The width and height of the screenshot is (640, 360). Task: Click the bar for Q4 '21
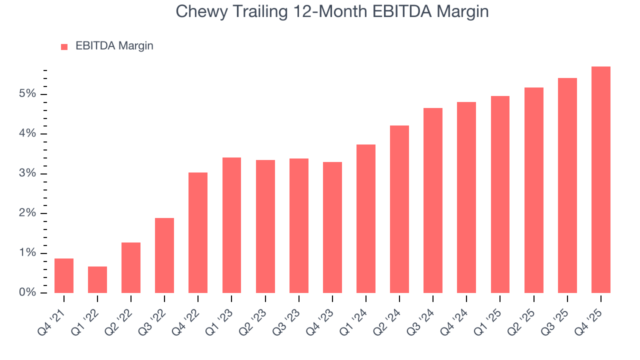point(64,275)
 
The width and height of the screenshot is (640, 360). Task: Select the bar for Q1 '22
point(97,279)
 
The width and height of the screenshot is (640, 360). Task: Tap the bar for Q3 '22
point(164,255)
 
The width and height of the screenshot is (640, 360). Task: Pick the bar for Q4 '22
point(198,232)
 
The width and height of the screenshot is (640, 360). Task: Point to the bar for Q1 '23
point(231,225)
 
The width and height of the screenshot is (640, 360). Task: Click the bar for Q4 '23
point(332,227)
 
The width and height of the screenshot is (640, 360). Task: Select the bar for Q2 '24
point(399,209)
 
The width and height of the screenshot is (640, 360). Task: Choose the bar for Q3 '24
point(433,200)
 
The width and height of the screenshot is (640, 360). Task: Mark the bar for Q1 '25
point(500,194)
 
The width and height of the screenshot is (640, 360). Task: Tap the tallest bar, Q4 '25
point(601,179)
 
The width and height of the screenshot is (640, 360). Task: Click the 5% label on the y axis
point(28,94)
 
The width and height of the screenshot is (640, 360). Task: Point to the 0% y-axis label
point(28,292)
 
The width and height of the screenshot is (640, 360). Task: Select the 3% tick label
point(28,173)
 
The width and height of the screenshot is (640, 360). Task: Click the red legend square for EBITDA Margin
point(64,46)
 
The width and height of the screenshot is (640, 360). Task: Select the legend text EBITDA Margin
point(114,46)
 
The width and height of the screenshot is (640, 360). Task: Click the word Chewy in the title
point(203,11)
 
